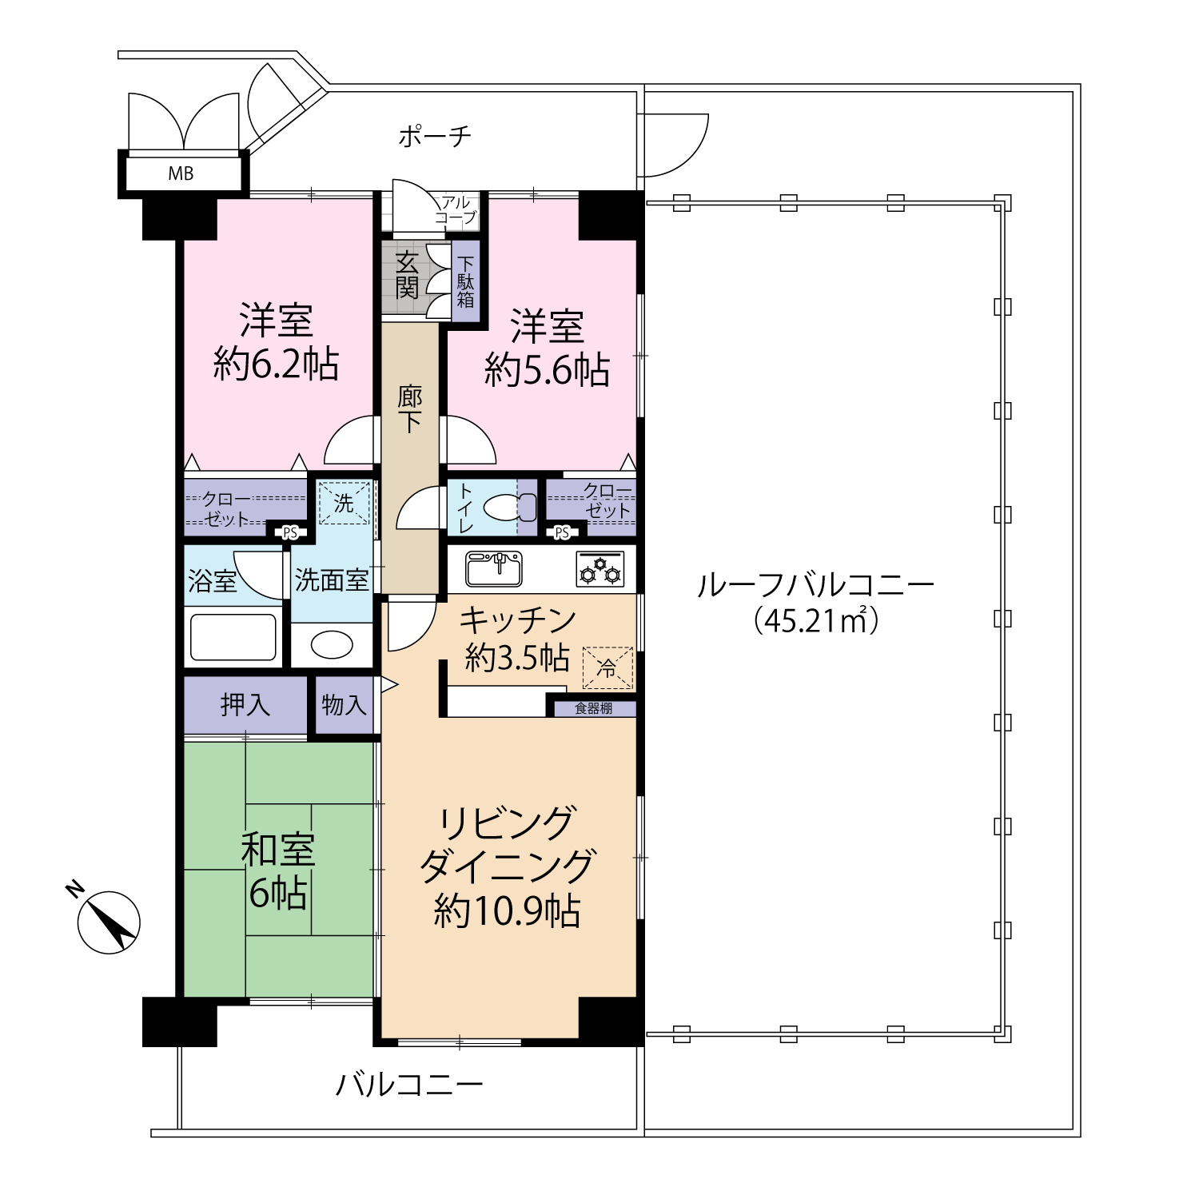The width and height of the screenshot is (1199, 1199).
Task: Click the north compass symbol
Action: coord(109,922)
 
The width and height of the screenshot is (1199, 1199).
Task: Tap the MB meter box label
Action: coord(181,173)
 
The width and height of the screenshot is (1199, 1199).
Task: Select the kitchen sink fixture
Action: coord(494,568)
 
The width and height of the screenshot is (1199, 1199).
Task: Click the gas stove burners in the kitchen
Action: coord(600,569)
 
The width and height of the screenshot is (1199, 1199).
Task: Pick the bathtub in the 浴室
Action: coord(233,637)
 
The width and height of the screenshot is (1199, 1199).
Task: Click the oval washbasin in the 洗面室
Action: coord(332,645)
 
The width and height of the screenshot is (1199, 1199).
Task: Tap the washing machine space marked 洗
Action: coord(345,503)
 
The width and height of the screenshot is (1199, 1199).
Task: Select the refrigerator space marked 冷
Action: coord(607,667)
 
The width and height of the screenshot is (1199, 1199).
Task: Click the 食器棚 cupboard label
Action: coord(594,708)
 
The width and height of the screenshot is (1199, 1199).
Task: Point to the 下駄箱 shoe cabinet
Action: coord(466,281)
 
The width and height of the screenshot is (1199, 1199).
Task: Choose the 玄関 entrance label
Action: coord(407,274)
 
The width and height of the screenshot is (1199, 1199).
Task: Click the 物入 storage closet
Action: coord(345,705)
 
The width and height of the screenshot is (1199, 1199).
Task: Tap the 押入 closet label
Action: coord(245,705)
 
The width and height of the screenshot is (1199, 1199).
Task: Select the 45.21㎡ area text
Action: coord(816,620)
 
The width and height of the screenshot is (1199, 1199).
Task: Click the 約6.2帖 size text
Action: coord(276,364)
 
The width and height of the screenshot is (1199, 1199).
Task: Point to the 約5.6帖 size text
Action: coord(548,370)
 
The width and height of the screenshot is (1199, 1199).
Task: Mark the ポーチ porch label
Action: coord(435,136)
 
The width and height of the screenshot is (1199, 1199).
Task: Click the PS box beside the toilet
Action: coord(562,532)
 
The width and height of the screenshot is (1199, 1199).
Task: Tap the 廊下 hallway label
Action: coord(410,408)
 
